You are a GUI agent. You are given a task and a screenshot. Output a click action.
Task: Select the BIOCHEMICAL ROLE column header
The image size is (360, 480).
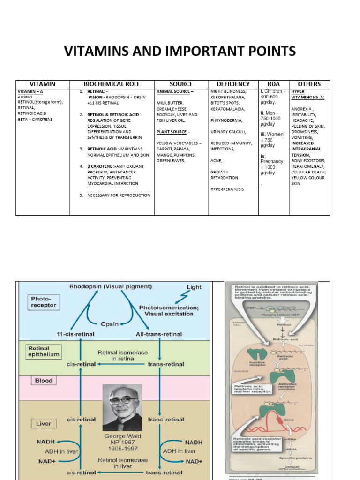point(112,84)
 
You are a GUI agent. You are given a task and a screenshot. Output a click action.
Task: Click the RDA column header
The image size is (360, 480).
point(273,84)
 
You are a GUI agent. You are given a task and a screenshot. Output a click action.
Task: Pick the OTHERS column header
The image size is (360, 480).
point(309,84)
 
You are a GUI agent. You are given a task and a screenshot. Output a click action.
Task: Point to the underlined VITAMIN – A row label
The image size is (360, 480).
point(33,91)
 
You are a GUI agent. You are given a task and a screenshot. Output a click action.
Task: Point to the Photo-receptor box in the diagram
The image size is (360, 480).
point(44,301)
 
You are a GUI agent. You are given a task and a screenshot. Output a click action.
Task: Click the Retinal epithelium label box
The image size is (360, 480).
point(44,351)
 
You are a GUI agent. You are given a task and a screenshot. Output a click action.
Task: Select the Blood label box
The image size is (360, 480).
point(44,381)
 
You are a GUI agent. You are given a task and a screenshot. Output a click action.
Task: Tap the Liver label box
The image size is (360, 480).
point(44,424)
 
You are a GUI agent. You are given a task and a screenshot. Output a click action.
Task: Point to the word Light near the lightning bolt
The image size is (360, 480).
point(194,286)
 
